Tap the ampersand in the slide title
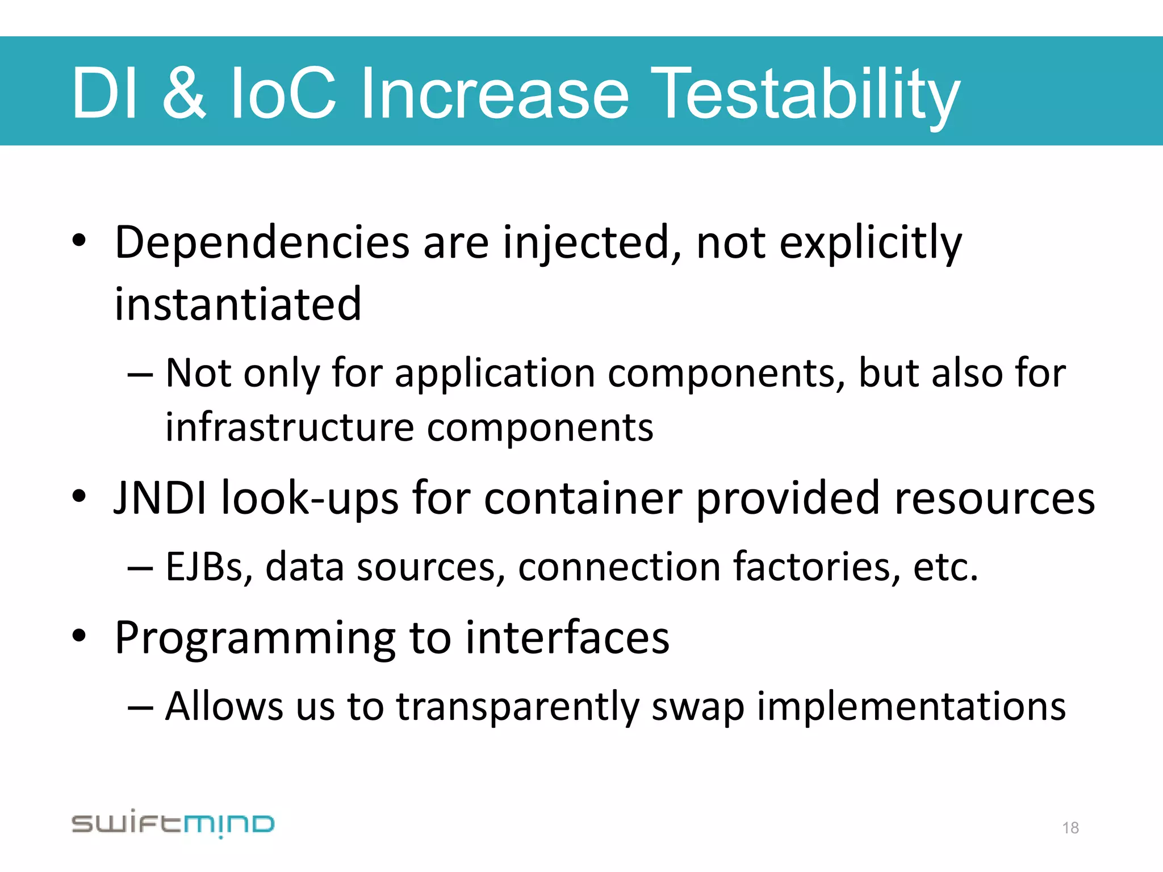click(x=183, y=94)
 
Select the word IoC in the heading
click(x=283, y=94)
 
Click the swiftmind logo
click(x=173, y=823)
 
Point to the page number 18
click(x=1070, y=828)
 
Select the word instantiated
click(x=237, y=305)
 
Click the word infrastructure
click(x=290, y=427)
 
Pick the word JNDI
click(x=161, y=498)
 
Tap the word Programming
click(x=254, y=639)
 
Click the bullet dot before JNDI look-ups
click(x=79, y=496)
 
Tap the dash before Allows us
click(x=140, y=708)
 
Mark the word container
click(x=583, y=498)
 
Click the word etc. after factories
click(x=946, y=567)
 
